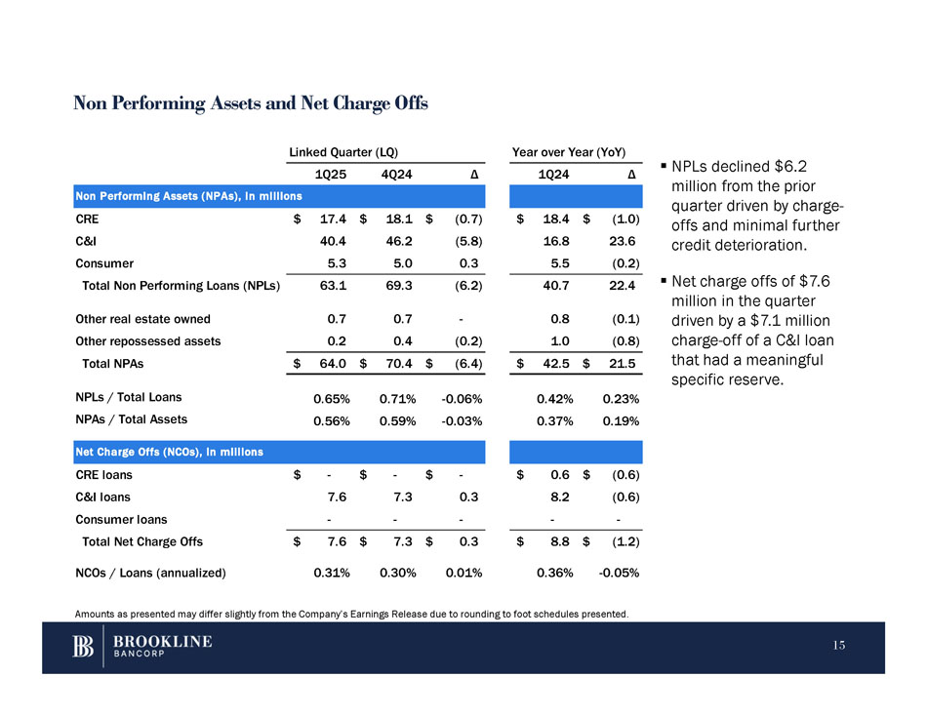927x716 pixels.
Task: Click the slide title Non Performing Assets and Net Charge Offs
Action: click(x=251, y=103)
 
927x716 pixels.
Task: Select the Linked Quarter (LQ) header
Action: click(x=342, y=152)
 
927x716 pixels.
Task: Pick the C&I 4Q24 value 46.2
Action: click(x=402, y=241)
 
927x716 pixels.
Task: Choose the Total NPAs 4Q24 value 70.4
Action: click(x=402, y=364)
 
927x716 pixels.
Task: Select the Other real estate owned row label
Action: click(x=142, y=319)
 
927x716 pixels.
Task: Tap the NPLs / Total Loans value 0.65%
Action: click(x=332, y=398)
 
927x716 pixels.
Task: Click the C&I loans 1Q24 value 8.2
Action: click(x=560, y=497)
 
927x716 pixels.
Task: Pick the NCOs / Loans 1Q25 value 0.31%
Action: click(x=332, y=573)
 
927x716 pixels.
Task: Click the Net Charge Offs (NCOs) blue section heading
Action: click(x=169, y=452)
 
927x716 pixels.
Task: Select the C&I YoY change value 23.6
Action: click(x=621, y=241)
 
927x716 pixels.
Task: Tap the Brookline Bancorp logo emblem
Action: click(x=84, y=647)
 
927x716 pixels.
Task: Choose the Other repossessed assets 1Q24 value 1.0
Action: click(x=560, y=341)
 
